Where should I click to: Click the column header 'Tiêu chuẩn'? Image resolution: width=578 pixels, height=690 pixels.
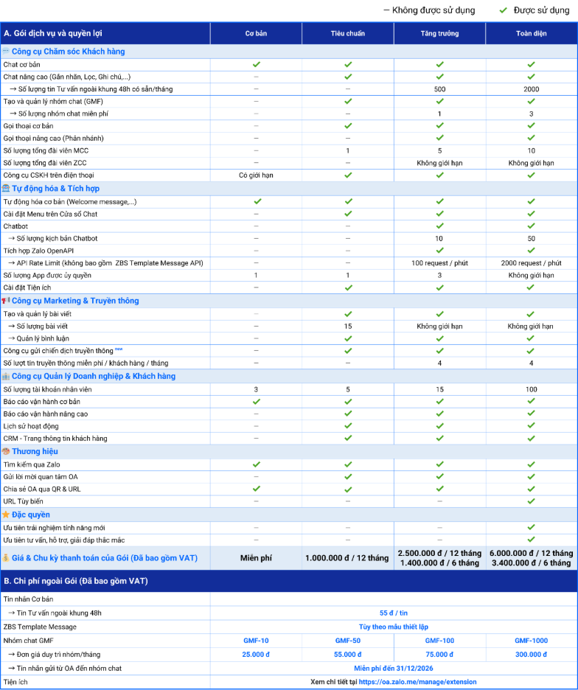click(x=347, y=33)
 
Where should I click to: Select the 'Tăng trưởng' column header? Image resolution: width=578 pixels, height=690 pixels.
click(x=439, y=33)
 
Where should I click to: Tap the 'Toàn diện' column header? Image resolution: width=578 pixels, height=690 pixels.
click(x=531, y=33)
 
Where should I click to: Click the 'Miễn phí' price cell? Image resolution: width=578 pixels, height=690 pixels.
click(x=256, y=558)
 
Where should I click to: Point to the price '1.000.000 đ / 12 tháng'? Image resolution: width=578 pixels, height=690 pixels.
click(x=347, y=558)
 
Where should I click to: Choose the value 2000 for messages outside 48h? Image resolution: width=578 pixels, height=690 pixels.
click(x=531, y=89)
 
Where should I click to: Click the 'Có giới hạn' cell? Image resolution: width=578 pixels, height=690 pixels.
click(x=256, y=175)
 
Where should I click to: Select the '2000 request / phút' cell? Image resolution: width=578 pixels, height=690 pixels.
click(x=531, y=263)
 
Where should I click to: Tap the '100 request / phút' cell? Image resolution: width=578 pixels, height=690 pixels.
click(x=439, y=263)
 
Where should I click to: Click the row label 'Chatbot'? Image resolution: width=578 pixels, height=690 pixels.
click(x=15, y=226)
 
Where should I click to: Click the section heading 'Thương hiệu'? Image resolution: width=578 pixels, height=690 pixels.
click(x=35, y=451)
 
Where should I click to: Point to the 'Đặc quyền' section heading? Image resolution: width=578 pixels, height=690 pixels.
click(x=31, y=515)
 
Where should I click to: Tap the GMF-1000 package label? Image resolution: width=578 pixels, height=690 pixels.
click(x=531, y=641)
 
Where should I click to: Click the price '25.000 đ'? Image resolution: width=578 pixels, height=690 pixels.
click(x=256, y=654)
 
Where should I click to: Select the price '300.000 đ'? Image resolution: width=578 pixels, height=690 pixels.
click(x=531, y=654)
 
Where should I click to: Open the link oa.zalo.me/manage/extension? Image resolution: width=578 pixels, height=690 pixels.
click(x=417, y=682)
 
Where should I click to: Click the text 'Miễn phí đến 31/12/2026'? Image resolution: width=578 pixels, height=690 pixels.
click(x=394, y=668)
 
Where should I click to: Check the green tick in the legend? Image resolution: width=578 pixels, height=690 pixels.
click(x=504, y=10)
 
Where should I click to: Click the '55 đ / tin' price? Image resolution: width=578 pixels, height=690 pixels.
click(x=394, y=613)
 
